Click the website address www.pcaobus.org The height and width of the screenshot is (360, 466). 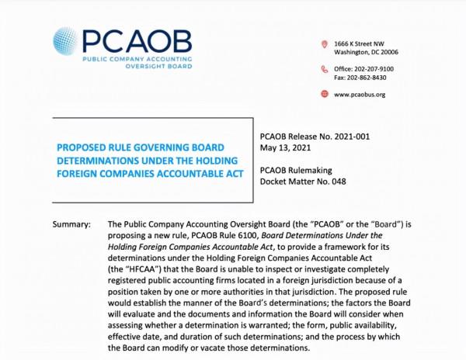[x=360, y=95]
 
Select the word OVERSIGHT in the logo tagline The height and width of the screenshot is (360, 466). [x=149, y=67]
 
